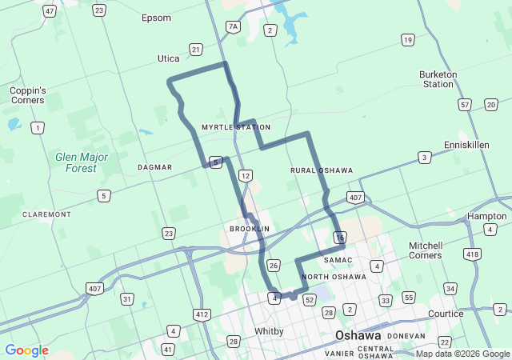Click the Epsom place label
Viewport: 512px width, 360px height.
click(x=156, y=18)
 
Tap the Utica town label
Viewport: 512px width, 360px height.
click(x=168, y=58)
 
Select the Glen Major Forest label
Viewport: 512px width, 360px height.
click(x=76, y=162)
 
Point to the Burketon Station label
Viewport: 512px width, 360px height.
click(x=438, y=79)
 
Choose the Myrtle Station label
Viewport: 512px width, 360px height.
click(x=236, y=127)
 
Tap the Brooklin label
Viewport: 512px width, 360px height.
click(x=250, y=229)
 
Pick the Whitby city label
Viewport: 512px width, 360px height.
click(x=269, y=331)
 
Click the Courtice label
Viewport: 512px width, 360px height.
click(x=446, y=314)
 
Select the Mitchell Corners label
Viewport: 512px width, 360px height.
click(x=426, y=250)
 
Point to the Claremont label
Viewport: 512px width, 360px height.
click(x=47, y=214)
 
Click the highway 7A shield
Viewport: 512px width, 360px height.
click(x=233, y=26)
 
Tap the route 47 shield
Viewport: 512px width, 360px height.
click(x=50, y=11)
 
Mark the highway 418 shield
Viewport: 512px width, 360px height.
click(x=473, y=254)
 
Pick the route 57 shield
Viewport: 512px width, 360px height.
click(x=465, y=104)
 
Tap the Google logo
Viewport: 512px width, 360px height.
click(x=26, y=350)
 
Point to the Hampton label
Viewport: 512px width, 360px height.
click(x=486, y=216)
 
